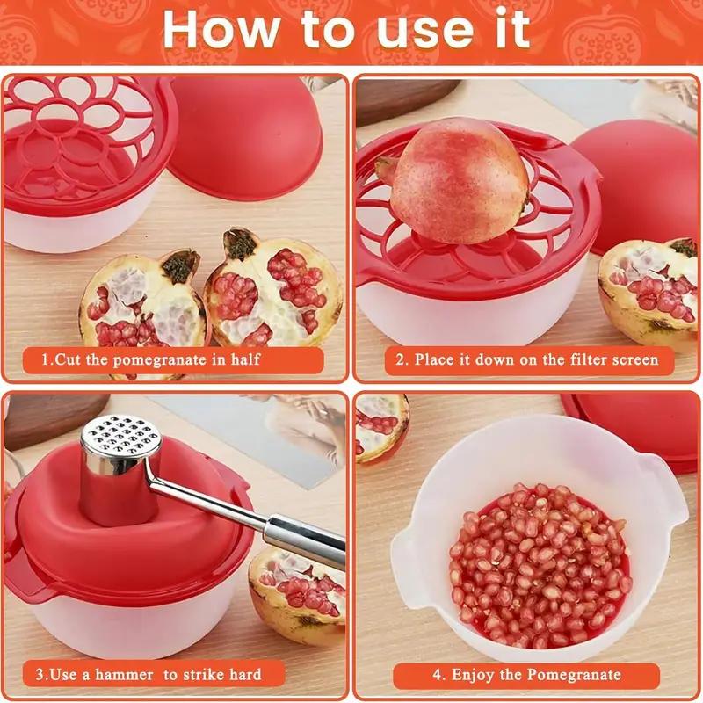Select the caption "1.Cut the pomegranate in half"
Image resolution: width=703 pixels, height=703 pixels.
tap(151, 359)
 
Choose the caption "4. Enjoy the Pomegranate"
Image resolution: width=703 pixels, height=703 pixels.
tap(526, 675)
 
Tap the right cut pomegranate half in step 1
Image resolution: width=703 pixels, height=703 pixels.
tap(268, 286)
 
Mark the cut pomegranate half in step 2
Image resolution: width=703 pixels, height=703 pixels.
tap(650, 290)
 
